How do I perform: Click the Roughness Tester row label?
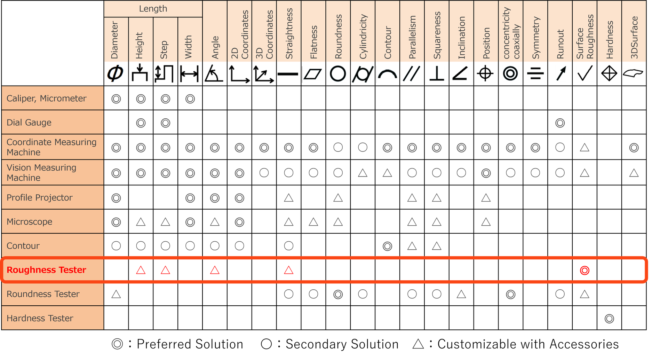tap(46, 270)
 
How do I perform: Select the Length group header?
tap(153, 9)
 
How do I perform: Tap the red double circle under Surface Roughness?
tap(585, 271)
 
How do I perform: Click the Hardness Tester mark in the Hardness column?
tap(609, 319)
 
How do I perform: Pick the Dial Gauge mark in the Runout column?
tap(560, 123)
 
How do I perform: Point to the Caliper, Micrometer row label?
tap(46, 99)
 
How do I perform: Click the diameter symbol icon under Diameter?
tap(115, 74)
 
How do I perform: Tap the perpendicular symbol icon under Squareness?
tap(436, 74)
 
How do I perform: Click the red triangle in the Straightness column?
tap(288, 271)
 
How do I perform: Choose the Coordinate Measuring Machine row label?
tap(51, 147)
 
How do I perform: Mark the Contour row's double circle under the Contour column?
tap(387, 246)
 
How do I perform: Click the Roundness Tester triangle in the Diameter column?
tap(116, 295)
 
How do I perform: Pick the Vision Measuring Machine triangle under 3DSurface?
tap(634, 173)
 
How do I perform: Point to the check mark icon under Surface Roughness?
tap(585, 74)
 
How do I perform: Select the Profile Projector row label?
tap(39, 198)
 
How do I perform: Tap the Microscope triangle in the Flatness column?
tap(313, 222)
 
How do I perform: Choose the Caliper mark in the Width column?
tap(190, 99)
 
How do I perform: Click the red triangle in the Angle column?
tap(215, 271)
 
